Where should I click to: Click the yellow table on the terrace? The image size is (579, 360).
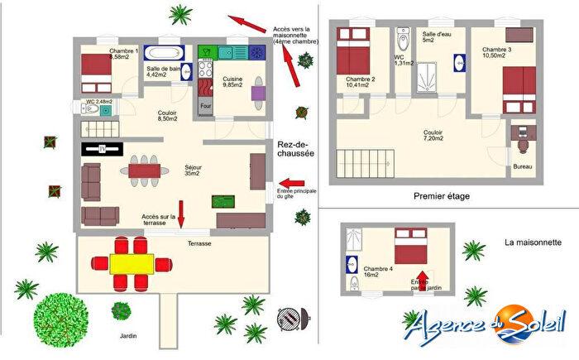pyautogui.click(x=132, y=263)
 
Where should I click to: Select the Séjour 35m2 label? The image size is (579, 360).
pyautogui.click(x=194, y=171)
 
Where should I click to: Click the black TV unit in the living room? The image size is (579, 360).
pyautogui.click(x=103, y=149)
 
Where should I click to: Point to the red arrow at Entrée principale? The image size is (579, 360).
pyautogui.click(x=292, y=183)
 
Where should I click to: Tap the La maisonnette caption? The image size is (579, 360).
pyautogui.click(x=534, y=243)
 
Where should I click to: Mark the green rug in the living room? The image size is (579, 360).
pyautogui.click(x=223, y=201)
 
